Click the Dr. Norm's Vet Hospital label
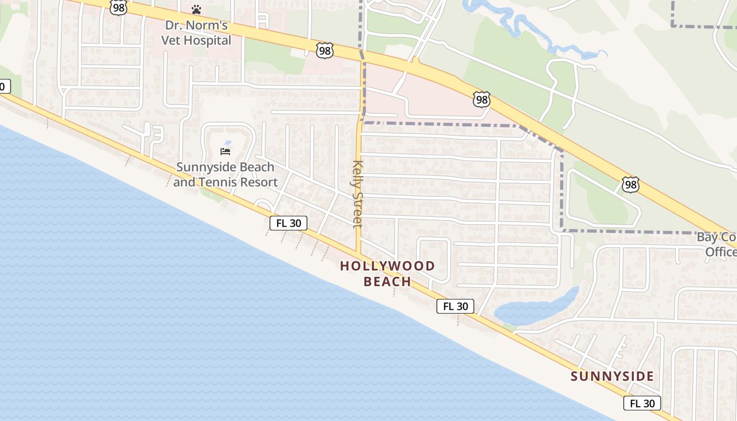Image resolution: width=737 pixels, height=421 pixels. [x=196, y=33]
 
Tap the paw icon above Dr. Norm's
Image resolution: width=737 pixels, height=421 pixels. [x=196, y=9]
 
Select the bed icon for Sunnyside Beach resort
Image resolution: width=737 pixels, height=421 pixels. [x=225, y=152]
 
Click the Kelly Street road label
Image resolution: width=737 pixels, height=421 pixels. [x=358, y=193]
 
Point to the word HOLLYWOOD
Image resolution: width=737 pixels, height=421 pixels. [x=387, y=266]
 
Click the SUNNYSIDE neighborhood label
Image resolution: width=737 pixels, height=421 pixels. [x=612, y=376]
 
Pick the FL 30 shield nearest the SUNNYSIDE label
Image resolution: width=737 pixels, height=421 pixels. [x=642, y=403]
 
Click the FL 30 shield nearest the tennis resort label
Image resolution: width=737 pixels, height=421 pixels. [x=288, y=223]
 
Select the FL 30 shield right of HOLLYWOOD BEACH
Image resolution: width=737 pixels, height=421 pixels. [x=455, y=306]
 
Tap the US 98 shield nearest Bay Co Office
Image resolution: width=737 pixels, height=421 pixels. [x=630, y=185]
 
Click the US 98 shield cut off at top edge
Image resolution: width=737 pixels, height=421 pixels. [x=119, y=7]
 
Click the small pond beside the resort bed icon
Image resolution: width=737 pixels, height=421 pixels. [x=227, y=143]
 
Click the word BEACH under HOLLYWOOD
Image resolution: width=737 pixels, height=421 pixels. [x=387, y=282]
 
